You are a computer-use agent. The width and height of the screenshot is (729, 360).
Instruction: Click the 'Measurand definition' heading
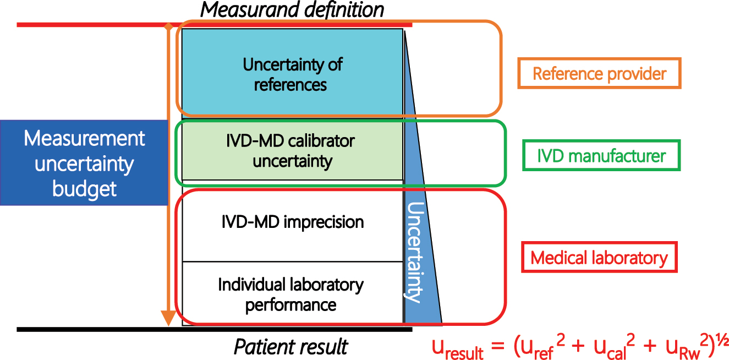(292, 10)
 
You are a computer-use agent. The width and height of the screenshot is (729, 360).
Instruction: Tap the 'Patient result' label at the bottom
(291, 347)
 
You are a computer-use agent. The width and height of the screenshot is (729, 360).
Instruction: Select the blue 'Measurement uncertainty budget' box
(84, 163)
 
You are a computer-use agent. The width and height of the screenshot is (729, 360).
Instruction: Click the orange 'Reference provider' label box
(599, 74)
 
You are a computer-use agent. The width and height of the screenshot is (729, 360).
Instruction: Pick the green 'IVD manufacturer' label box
(601, 156)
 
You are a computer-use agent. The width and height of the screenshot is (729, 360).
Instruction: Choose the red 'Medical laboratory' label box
(599, 258)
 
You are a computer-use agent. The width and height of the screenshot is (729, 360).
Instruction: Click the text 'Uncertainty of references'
(292, 74)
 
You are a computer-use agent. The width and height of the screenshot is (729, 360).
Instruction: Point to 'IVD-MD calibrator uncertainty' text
(290, 151)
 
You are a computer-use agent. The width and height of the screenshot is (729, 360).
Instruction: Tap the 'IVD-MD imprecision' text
(292, 222)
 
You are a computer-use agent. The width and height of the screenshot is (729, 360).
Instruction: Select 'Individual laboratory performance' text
(291, 294)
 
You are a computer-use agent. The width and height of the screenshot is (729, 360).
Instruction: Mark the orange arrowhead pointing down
(168, 318)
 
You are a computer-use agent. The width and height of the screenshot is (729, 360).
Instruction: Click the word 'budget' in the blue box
(84, 188)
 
